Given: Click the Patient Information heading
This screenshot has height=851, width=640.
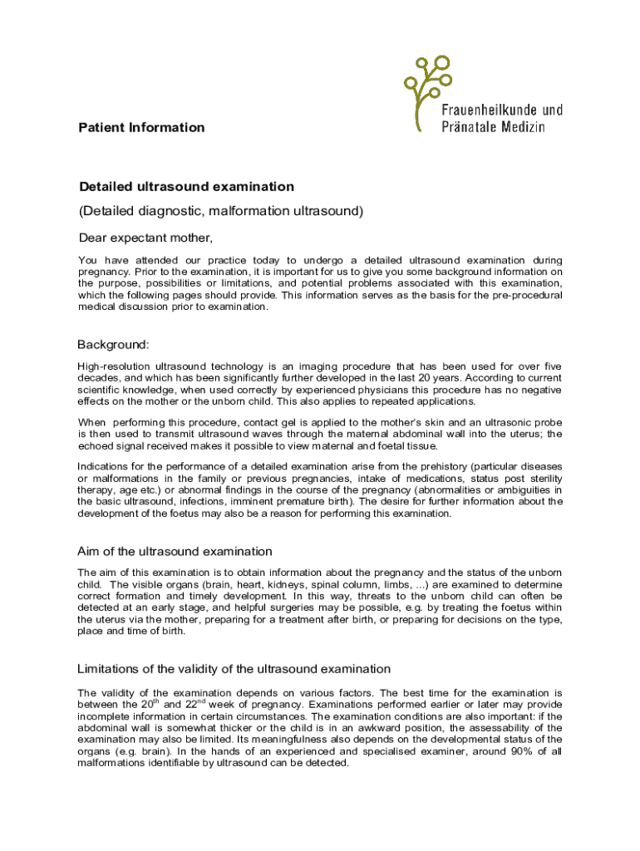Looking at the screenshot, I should pos(140,127).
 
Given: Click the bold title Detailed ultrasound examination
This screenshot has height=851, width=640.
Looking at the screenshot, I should pos(186,187).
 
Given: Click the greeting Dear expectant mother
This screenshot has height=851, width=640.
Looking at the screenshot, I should pos(145,239).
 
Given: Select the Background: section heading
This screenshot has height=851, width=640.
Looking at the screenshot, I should pos(113,344).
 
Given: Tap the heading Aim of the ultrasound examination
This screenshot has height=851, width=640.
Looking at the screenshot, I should pos(175,551).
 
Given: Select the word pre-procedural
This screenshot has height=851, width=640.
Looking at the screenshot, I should pos(521,295).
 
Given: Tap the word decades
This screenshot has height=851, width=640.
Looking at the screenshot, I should pos(98,376).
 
